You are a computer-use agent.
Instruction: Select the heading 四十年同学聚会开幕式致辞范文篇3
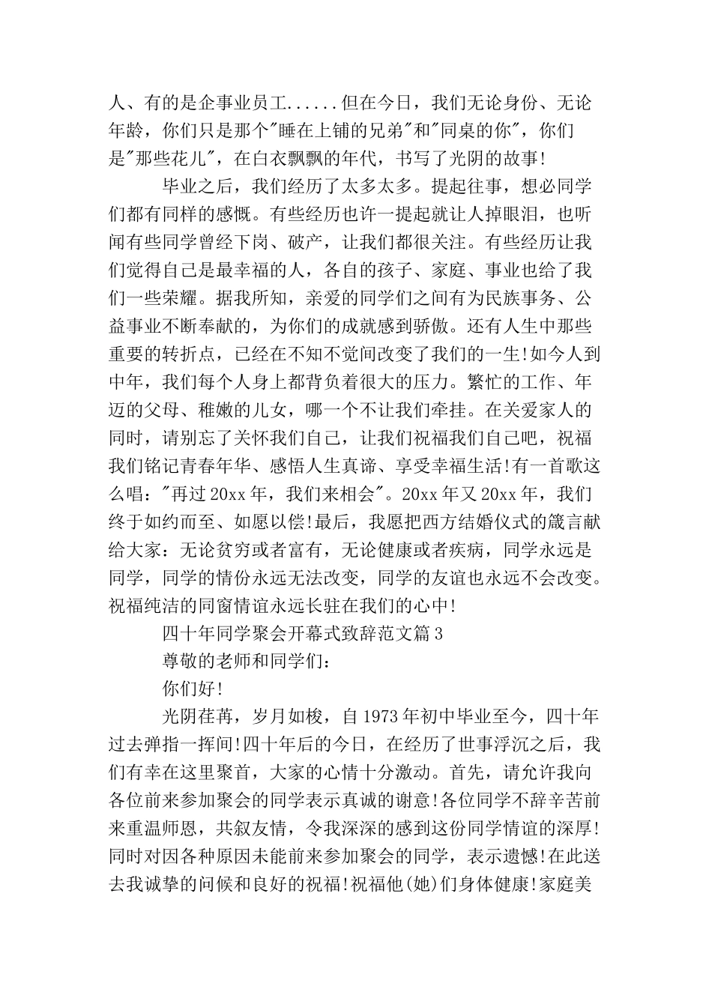303,634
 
